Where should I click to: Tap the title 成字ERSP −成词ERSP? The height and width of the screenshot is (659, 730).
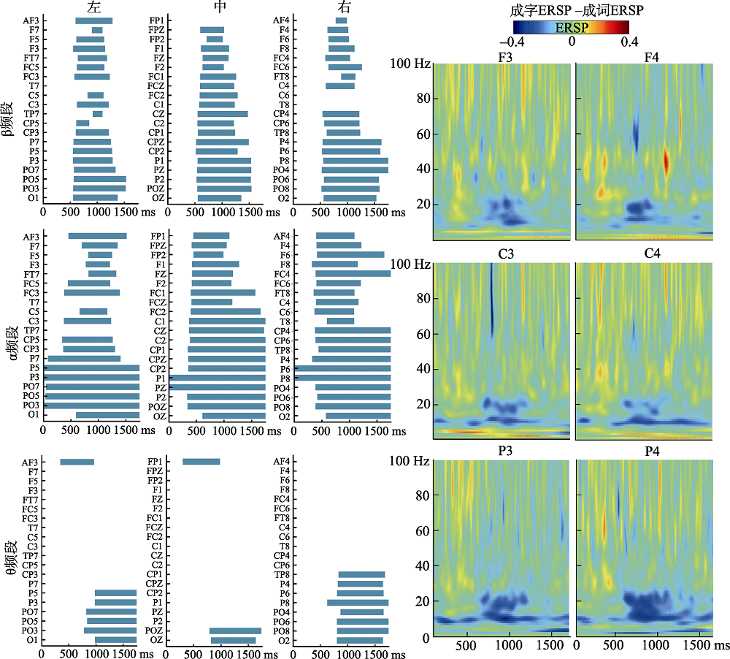[x=571, y=10]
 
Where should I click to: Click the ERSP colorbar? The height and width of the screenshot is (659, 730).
[x=571, y=28]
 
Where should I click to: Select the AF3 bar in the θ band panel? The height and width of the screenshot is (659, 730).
[x=77, y=462]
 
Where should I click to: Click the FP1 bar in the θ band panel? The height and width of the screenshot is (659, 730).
[x=201, y=462]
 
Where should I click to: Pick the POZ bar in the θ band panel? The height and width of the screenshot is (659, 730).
[x=235, y=631]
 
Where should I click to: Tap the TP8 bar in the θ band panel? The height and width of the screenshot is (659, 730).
[x=361, y=574]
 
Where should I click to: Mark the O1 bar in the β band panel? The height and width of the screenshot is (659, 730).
[x=95, y=197]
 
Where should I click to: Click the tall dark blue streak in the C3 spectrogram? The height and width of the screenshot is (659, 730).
[x=492, y=300]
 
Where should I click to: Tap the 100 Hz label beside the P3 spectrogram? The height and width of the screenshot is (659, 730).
[x=411, y=461]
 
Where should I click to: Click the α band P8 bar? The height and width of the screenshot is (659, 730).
[x=342, y=378]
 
